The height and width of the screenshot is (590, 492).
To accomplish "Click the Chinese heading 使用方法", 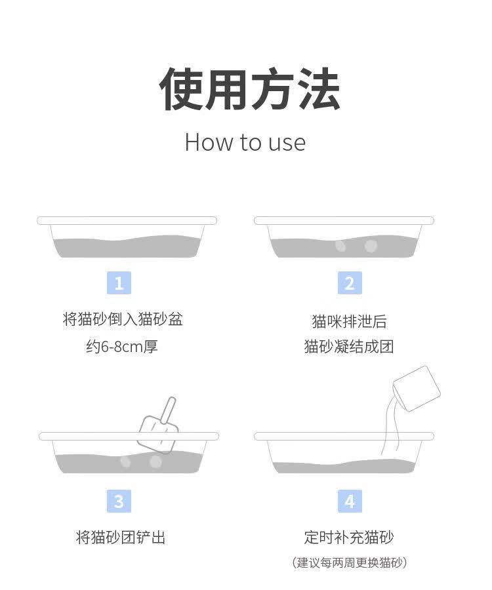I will click(x=250, y=89).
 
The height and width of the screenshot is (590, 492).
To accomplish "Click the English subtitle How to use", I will click(x=245, y=142).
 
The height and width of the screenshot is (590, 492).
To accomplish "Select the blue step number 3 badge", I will click(x=119, y=501).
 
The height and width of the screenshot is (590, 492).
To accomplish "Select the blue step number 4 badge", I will click(x=350, y=501).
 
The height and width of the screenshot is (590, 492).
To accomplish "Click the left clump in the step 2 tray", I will click(x=340, y=246).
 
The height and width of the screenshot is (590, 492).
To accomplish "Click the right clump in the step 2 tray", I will click(x=371, y=246).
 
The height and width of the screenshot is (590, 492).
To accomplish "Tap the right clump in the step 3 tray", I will click(x=155, y=462).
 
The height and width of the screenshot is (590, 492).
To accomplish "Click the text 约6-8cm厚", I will click(x=122, y=346).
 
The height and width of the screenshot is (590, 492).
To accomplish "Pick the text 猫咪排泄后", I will click(x=349, y=321).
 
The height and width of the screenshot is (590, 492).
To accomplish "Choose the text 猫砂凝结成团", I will click(x=349, y=346).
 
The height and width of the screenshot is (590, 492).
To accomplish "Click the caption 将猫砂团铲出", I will click(x=121, y=538).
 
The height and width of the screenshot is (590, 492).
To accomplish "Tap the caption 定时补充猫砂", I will click(x=349, y=538).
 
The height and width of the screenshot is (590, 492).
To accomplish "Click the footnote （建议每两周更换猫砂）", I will click(x=349, y=562).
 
